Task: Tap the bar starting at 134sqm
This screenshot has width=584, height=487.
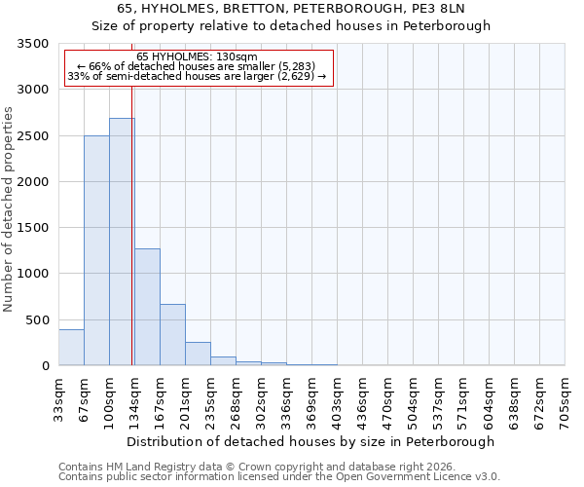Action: point(147,307)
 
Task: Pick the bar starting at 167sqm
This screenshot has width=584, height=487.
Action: point(172,335)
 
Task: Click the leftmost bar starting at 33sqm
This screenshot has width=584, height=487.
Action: point(71,348)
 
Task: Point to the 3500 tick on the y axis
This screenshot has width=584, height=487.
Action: point(30,44)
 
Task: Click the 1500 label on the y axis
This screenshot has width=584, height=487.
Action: point(30,228)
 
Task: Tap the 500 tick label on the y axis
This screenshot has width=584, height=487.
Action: point(34,320)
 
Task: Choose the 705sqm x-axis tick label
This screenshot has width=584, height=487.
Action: point(565,400)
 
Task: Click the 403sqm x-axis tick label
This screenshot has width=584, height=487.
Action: point(337,400)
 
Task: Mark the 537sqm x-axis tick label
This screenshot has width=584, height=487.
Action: point(438,400)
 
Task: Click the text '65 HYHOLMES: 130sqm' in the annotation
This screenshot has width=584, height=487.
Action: point(197,57)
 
